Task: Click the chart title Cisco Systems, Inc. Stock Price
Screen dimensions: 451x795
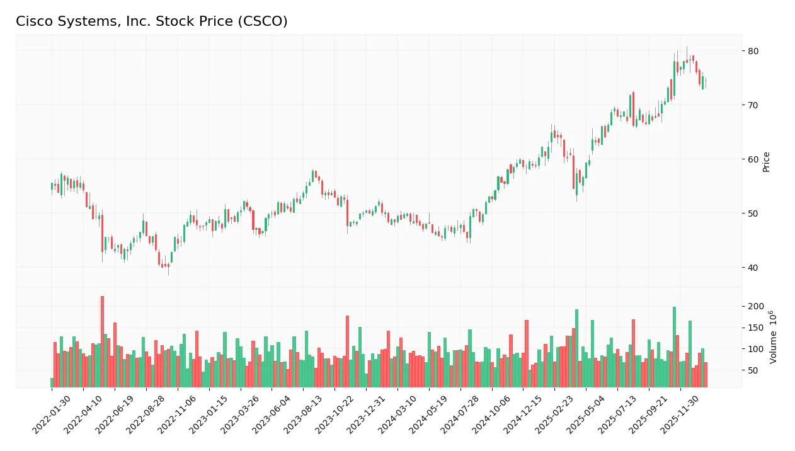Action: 151,21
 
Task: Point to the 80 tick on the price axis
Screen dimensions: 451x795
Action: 753,50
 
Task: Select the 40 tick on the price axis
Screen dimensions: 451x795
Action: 753,268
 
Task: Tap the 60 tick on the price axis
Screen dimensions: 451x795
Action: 753,159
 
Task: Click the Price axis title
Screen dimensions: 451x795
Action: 767,162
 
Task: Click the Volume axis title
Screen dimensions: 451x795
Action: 772,337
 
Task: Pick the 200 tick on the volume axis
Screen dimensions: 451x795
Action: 756,307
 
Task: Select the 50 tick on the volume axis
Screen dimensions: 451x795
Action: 753,370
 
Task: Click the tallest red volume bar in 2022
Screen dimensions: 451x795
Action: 102,340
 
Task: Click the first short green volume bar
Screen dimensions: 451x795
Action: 52,382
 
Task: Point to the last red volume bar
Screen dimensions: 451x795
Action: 706,374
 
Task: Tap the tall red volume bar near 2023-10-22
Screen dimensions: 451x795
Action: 347,351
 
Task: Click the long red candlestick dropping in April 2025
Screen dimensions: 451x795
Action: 574,172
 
